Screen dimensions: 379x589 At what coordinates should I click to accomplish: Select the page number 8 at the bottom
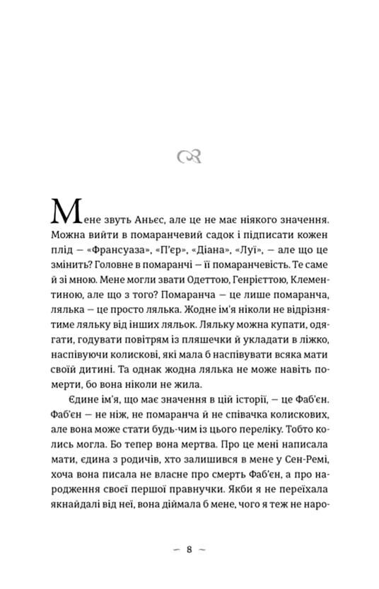[189, 549]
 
